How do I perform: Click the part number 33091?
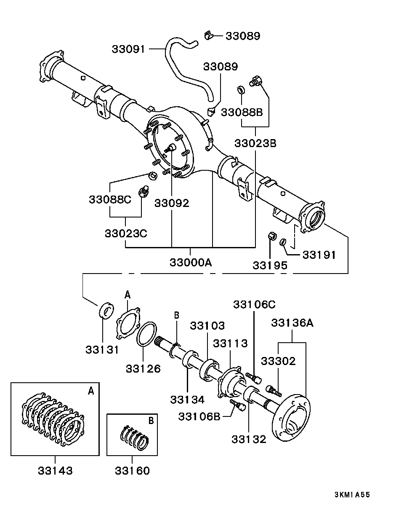128,49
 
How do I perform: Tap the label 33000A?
191,263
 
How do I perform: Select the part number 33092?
172,203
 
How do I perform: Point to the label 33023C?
126,234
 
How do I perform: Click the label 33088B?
242,113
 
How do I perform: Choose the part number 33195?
270,266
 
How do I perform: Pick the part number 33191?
319,255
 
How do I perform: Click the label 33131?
102,349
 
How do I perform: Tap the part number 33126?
143,368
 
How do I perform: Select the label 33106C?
255,305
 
